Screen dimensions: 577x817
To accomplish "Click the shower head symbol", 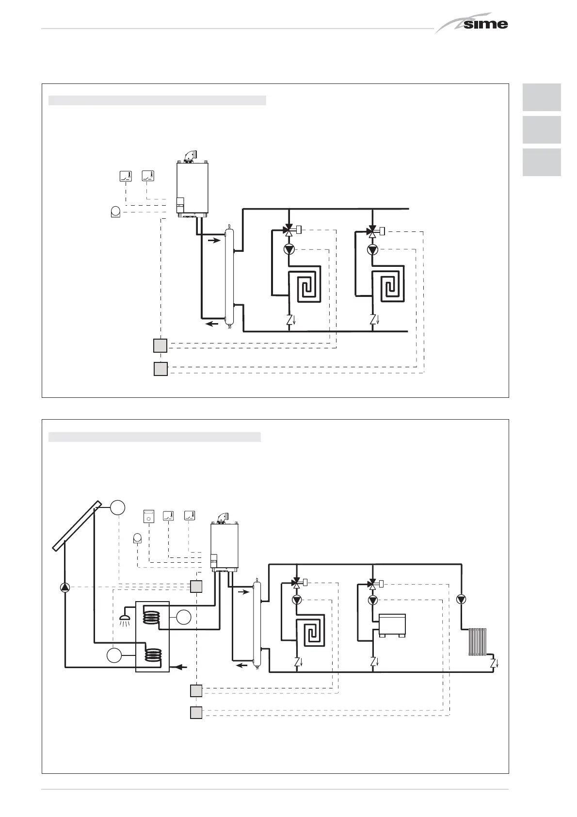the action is (x=125, y=618).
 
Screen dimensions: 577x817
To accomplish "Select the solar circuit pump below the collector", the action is (x=64, y=587).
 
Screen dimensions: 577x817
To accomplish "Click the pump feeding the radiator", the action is (x=461, y=599).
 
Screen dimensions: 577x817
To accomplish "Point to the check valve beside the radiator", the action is (x=493, y=663).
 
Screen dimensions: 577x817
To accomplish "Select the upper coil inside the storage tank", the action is (x=151, y=617).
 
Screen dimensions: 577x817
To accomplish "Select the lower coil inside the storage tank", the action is (x=153, y=655).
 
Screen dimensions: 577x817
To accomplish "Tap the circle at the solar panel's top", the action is (x=117, y=507).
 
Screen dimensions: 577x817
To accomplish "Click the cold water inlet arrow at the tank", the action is (x=180, y=667).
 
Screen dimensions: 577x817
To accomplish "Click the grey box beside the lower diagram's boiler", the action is (x=196, y=587).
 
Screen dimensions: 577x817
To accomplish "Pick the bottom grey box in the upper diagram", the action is (x=160, y=369).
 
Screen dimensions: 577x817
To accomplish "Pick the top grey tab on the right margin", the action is (x=542, y=97).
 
